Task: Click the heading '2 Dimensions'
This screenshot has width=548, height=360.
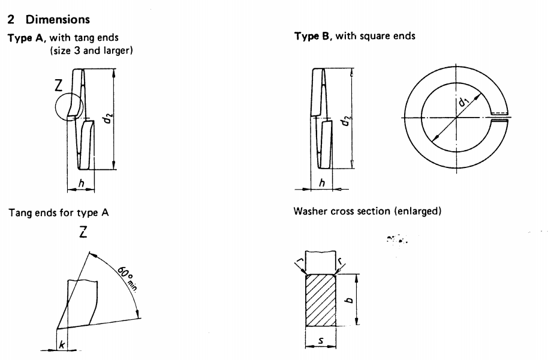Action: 48,20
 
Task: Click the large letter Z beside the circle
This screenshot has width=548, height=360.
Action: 58,86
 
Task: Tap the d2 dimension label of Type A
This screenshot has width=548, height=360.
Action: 106,119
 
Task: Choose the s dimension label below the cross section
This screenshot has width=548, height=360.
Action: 320,342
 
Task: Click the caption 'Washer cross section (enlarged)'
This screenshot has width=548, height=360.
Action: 359,211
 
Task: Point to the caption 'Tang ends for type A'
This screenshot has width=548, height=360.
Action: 58,212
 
